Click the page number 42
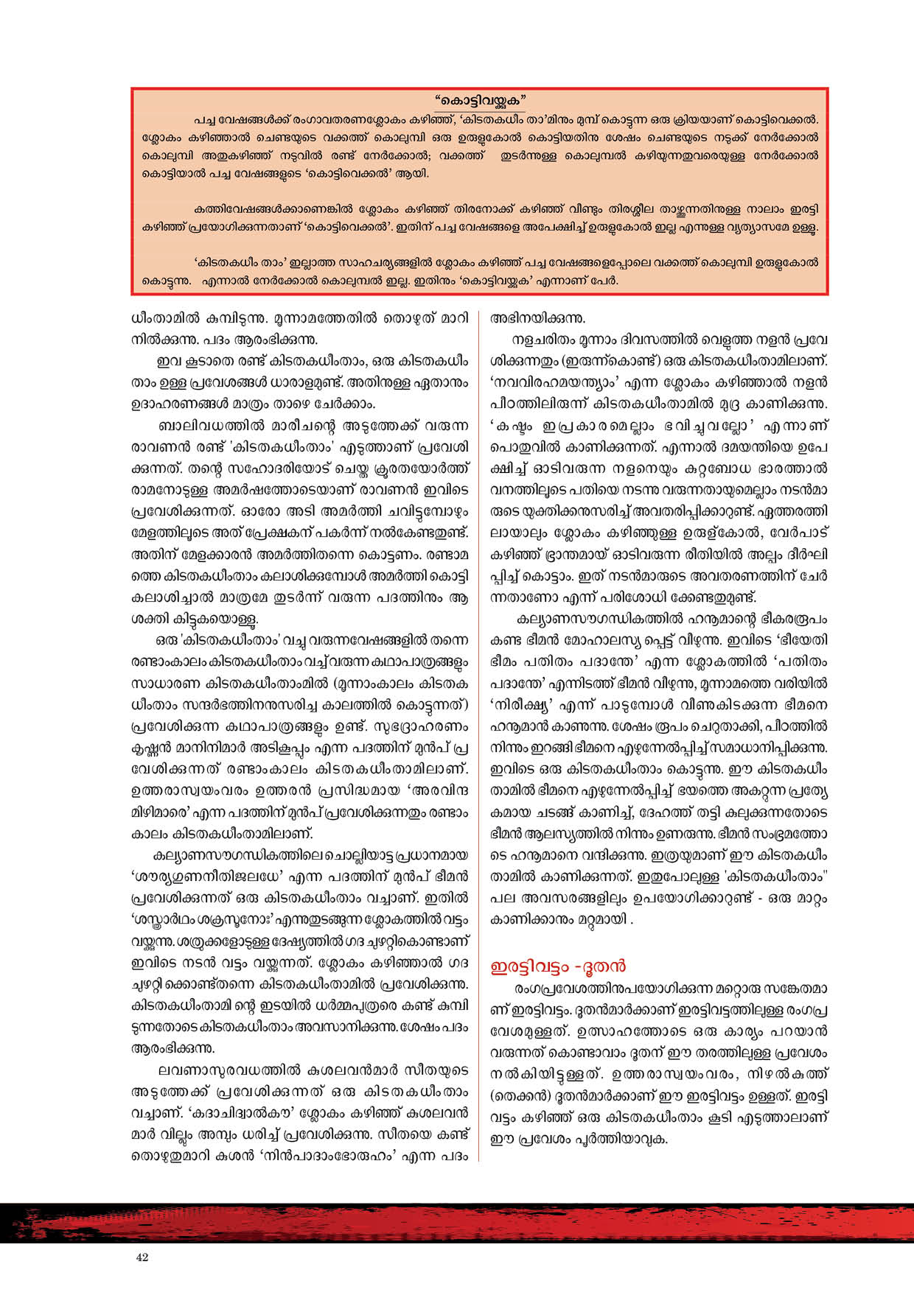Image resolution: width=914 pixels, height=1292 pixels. point(142,1257)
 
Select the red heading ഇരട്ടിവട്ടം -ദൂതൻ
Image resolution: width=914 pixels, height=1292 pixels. point(558,966)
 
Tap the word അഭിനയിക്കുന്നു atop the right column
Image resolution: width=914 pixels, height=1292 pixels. point(537,319)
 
